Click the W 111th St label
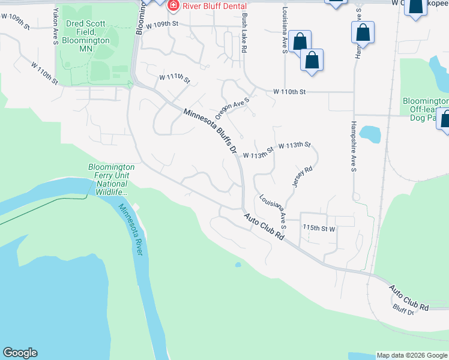tap(174, 79)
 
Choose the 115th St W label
tap(319, 228)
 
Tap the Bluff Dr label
tap(405, 310)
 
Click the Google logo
tap(20, 353)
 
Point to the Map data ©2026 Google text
tap(412, 355)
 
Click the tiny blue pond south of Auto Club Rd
tap(238, 264)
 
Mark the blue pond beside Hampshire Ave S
tap(371, 134)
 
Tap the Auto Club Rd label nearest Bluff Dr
tap(409, 298)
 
